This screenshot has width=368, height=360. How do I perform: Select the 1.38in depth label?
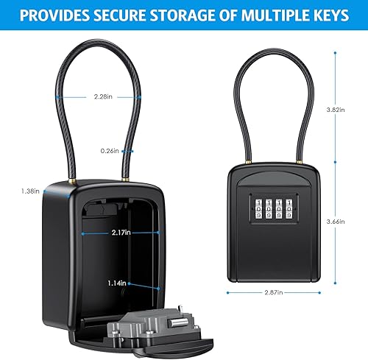pos(29,191)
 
